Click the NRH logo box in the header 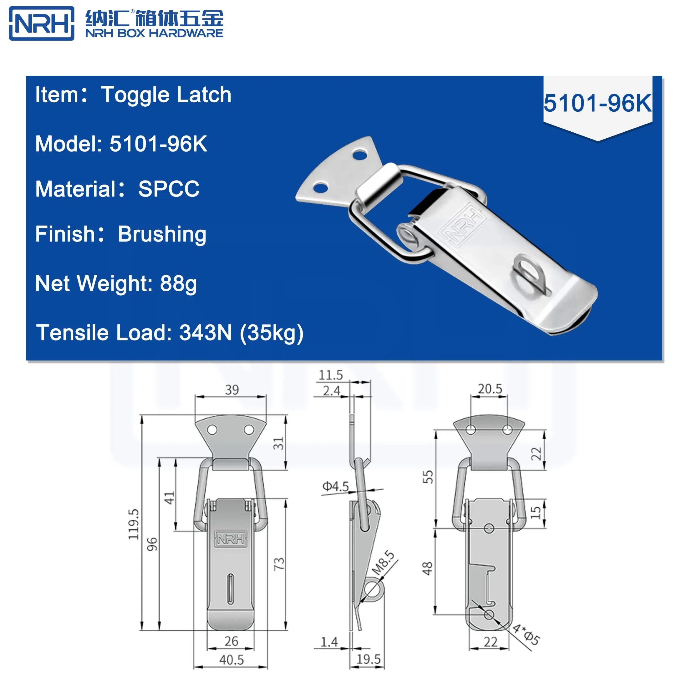click(x=42, y=23)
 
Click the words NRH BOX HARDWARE click(x=154, y=33)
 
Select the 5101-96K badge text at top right click(x=597, y=103)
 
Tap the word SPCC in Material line click(x=169, y=189)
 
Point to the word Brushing click(x=162, y=234)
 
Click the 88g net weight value click(x=178, y=283)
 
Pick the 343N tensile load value click(x=206, y=333)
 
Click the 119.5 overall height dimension click(x=134, y=524)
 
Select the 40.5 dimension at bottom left click(x=232, y=660)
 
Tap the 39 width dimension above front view click(x=232, y=390)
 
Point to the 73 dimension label click(x=279, y=564)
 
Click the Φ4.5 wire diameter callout click(x=335, y=487)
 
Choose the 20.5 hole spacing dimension click(x=490, y=389)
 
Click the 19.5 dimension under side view click(x=369, y=659)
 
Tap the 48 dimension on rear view click(x=427, y=569)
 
